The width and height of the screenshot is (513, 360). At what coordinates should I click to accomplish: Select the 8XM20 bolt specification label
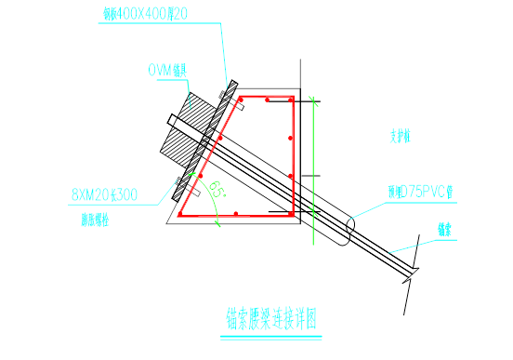[104, 195]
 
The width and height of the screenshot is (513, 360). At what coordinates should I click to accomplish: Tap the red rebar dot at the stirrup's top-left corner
[241, 98]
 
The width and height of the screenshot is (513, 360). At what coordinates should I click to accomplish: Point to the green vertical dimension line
[315, 158]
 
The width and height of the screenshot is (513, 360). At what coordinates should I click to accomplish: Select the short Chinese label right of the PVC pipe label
[447, 228]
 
